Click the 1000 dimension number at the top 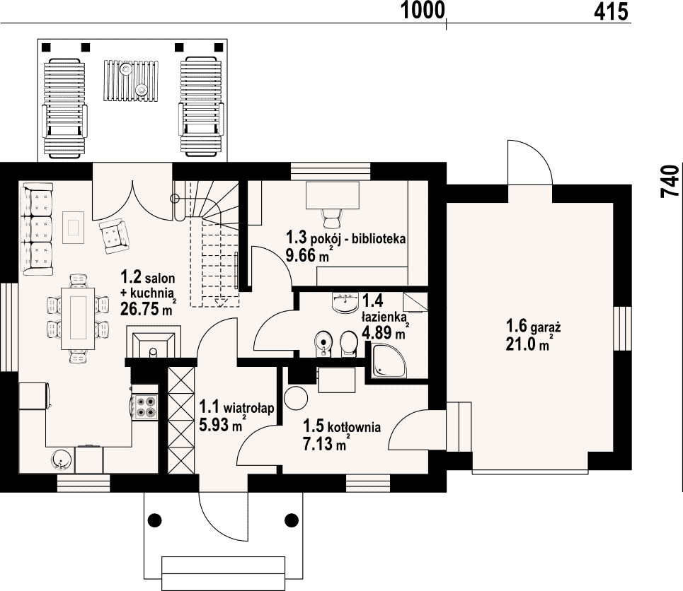coord(423,11)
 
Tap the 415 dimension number coord(611,11)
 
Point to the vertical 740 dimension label coord(670,181)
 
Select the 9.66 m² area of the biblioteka coord(307,255)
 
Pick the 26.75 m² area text coord(148,308)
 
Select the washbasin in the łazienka coord(345,303)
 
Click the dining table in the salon coord(78,318)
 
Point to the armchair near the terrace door coord(114,236)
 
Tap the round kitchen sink coord(61,460)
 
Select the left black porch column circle coord(154,519)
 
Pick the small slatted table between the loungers coord(131,81)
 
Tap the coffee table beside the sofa coord(73,227)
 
